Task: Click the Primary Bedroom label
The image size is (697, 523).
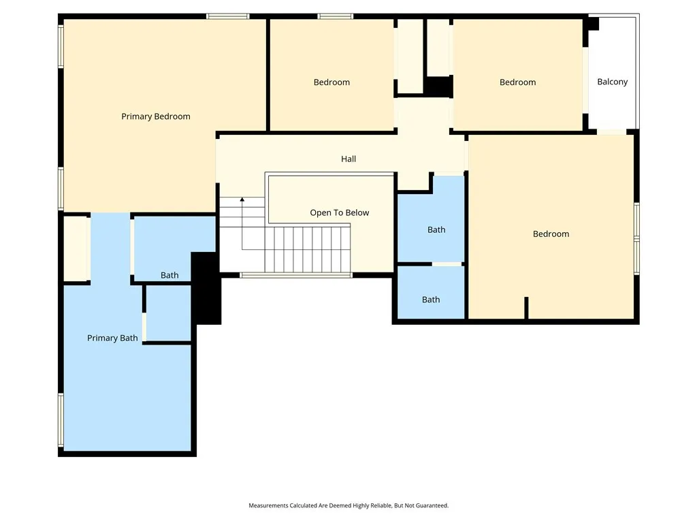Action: click(x=156, y=116)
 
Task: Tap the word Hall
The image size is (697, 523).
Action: click(x=348, y=159)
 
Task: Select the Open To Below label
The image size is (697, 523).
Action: click(x=339, y=212)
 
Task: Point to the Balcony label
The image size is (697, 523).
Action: click(x=612, y=82)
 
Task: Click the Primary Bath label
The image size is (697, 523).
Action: click(x=112, y=338)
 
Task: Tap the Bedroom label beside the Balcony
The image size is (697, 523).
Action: click(x=517, y=82)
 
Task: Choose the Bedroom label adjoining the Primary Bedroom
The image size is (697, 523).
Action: click(x=331, y=82)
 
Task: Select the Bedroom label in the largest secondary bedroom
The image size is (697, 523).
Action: click(x=551, y=234)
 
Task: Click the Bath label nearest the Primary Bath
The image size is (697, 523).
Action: click(x=169, y=275)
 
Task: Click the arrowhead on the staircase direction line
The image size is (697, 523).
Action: click(x=242, y=200)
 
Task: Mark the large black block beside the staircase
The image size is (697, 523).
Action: click(x=208, y=289)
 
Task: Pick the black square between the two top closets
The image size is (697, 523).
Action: click(x=438, y=86)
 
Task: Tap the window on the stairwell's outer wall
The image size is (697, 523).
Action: click(x=295, y=275)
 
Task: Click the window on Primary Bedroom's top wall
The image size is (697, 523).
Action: click(x=227, y=16)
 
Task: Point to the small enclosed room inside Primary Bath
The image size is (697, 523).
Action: click(x=168, y=313)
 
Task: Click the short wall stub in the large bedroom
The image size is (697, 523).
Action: click(x=526, y=307)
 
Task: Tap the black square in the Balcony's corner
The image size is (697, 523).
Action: click(x=592, y=23)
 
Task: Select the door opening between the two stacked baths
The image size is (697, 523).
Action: click(x=447, y=264)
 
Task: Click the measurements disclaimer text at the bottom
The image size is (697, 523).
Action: click(x=348, y=505)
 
